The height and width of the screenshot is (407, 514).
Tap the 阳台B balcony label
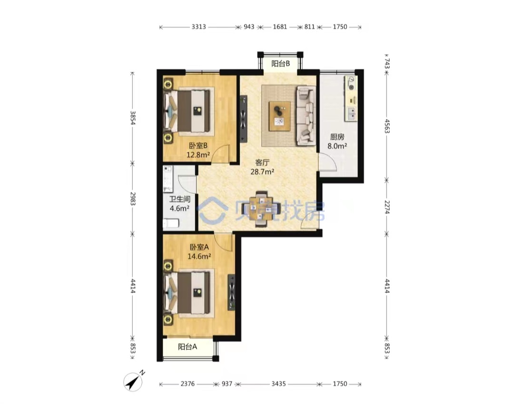point(281,64)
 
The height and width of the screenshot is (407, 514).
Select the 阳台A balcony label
point(188,347)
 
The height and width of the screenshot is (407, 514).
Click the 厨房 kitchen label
point(337,137)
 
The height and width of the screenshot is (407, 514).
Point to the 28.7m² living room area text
point(262,171)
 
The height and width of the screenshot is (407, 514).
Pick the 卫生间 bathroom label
point(179,199)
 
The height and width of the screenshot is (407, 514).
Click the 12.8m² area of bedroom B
point(198,155)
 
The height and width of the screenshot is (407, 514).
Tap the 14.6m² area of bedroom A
point(199,256)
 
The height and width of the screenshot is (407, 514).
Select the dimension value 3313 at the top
point(198,27)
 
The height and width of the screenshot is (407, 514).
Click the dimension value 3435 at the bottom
point(278,384)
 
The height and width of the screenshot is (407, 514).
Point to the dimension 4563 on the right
point(387,126)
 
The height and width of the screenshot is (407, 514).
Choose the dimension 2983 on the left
point(132,199)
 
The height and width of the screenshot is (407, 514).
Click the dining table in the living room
point(261,209)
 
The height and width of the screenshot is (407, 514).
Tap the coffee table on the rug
point(280,116)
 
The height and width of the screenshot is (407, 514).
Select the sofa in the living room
point(306,116)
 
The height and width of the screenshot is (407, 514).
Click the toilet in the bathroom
point(171,224)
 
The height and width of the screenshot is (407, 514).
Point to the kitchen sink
point(351,113)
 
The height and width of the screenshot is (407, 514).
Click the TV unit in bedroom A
point(232,292)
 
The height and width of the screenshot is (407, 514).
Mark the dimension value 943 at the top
point(249,27)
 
